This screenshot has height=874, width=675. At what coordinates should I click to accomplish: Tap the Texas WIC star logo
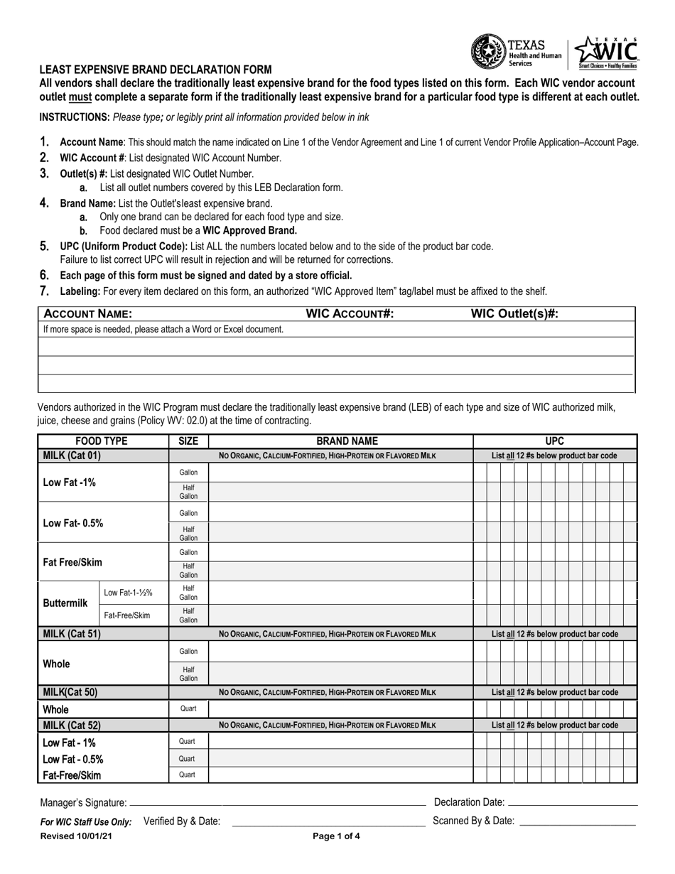pyautogui.click(x=605, y=52)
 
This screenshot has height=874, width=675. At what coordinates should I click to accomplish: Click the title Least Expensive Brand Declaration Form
pyautogui.click(x=155, y=70)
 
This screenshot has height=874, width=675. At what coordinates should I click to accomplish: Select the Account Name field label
pyautogui.click(x=88, y=314)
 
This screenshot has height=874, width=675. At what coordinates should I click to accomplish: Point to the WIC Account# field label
pyautogui.click(x=350, y=314)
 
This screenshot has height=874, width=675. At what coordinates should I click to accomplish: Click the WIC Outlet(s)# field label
pyautogui.click(x=514, y=314)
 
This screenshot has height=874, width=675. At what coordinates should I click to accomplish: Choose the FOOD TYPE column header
pyautogui.click(x=102, y=441)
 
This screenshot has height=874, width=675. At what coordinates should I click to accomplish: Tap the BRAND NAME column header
pyautogui.click(x=341, y=441)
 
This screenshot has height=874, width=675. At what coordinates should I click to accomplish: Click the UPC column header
pyautogui.click(x=554, y=441)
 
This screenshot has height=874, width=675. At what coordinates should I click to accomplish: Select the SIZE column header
pyautogui.click(x=188, y=441)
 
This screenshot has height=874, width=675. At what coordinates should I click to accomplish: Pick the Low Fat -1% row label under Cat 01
pyautogui.click(x=70, y=482)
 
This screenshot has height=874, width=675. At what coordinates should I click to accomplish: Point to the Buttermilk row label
pyautogui.click(x=65, y=603)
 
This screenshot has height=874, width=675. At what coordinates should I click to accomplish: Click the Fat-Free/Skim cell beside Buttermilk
pyautogui.click(x=127, y=615)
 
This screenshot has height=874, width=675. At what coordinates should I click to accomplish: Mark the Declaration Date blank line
pyautogui.click(x=573, y=803)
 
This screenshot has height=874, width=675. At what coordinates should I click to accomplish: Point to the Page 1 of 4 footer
pyautogui.click(x=337, y=837)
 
